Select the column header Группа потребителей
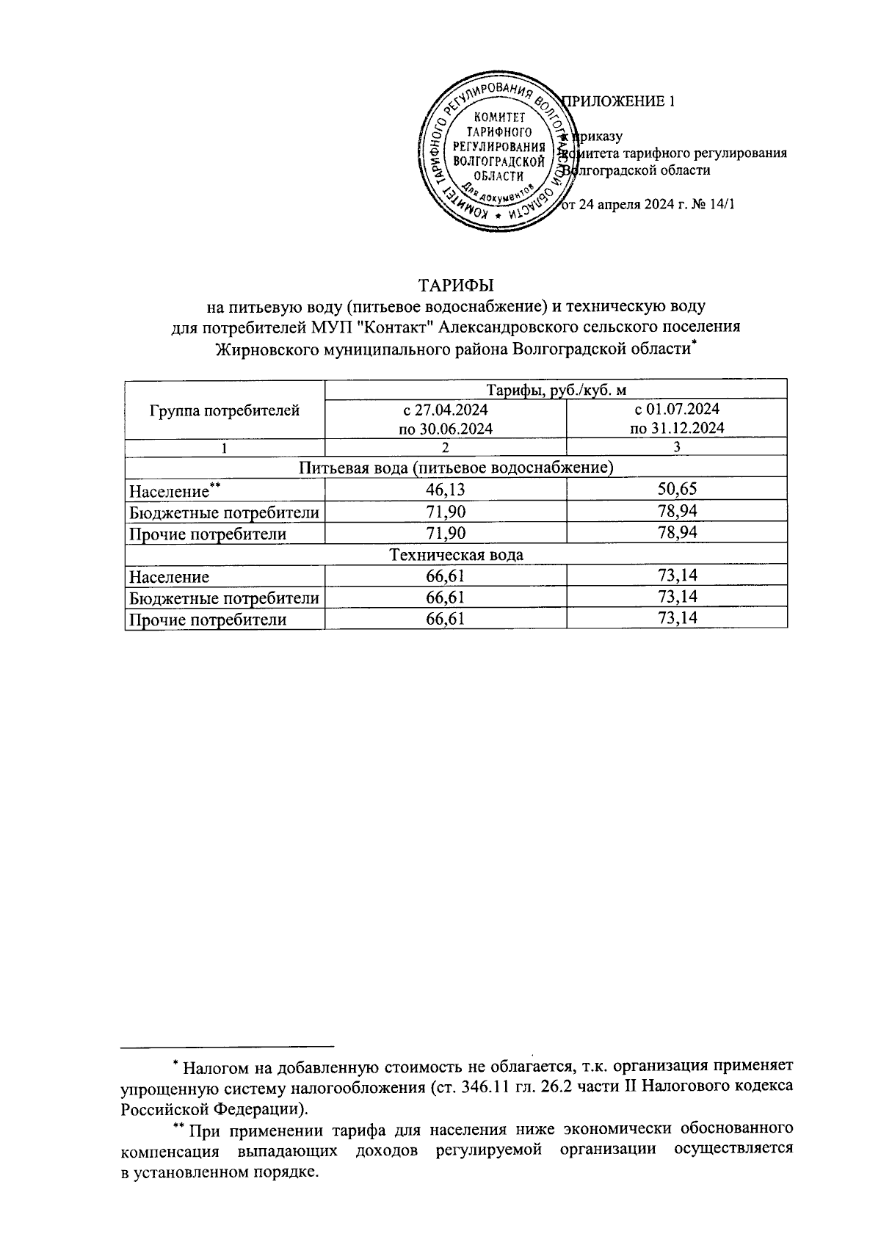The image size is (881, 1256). pos(224,410)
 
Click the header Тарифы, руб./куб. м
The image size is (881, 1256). pos(555,389)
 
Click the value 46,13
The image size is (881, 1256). pos(445,490)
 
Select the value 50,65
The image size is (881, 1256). pos(677,490)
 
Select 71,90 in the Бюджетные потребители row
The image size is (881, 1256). pos(445,512)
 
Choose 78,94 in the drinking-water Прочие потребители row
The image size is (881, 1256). pos(677,533)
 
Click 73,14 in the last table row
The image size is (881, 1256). pos(677,620)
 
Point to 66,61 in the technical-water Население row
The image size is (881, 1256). pos(445,577)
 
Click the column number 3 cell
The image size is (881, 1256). pos(677,447)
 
